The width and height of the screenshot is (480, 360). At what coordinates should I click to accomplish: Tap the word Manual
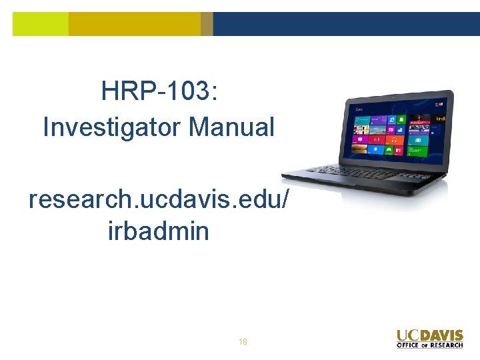231,127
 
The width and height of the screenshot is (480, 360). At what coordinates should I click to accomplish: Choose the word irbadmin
159,231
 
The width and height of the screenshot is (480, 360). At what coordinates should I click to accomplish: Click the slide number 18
243,342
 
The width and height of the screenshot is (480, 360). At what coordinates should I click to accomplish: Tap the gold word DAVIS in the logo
441,335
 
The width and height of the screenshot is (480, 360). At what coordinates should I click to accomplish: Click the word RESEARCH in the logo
447,345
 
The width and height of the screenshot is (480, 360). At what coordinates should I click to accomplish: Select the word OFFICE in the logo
409,345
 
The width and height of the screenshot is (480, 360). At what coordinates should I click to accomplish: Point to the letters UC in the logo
407,335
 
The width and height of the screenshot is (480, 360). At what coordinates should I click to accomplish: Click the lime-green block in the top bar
40,24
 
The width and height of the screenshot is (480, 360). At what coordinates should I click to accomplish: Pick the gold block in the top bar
134,24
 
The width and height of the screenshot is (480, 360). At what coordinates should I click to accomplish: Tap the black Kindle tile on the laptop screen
439,119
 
